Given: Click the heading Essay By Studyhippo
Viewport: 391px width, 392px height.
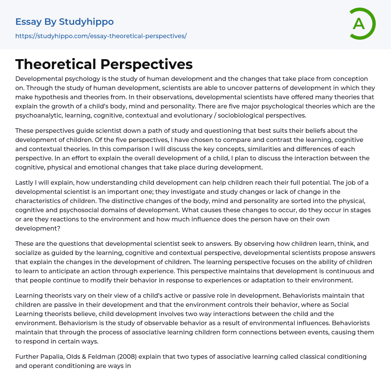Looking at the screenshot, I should click(65, 22).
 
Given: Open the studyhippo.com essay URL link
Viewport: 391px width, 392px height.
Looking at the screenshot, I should click(101, 36).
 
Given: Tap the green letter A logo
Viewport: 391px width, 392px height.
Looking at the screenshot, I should click(359, 24).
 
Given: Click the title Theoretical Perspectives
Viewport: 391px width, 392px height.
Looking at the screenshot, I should click(104, 64).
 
